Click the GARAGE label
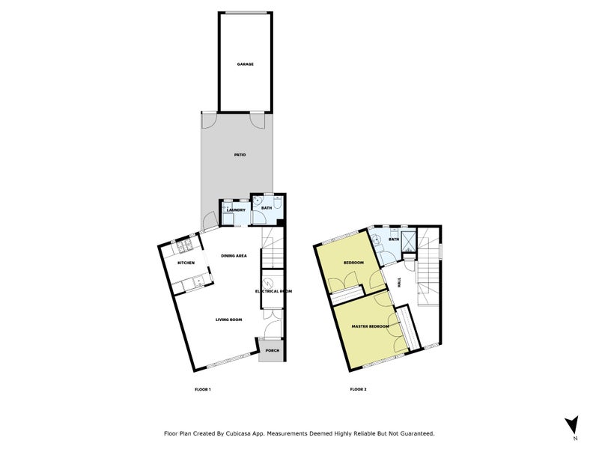coord(246,64)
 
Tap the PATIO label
coord(240,155)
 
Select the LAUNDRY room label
coord(237,210)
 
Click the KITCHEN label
coord(186,263)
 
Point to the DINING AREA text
coord(234,256)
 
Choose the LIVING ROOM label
coord(228,320)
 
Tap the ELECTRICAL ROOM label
coord(273,291)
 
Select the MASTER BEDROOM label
coord(370,327)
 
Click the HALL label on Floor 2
coord(399,282)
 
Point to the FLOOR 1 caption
coord(203,389)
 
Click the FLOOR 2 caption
coord(358,389)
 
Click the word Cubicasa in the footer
coord(246,433)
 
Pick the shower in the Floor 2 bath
coord(410,240)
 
